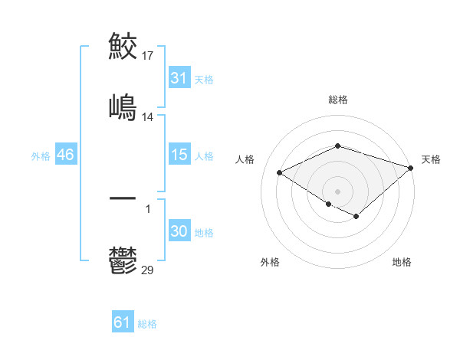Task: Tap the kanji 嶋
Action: [123, 106]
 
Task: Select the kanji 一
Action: [123, 198]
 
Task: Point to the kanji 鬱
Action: [123, 260]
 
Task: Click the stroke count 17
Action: [149, 56]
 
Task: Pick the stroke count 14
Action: [149, 117]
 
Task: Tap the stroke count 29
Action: [149, 270]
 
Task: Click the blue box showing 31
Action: [179, 78]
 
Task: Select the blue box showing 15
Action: [179, 155]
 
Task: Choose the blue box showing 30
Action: [179, 231]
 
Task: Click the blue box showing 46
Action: [66, 155]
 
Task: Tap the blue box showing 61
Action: [123, 322]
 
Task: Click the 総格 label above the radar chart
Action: [338, 100]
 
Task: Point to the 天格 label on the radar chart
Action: [431, 159]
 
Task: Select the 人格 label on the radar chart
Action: [245, 159]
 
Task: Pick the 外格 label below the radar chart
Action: [270, 262]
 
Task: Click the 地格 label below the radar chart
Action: [402, 262]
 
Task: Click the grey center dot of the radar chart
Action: [338, 191]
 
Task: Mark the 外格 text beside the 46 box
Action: [41, 155]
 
